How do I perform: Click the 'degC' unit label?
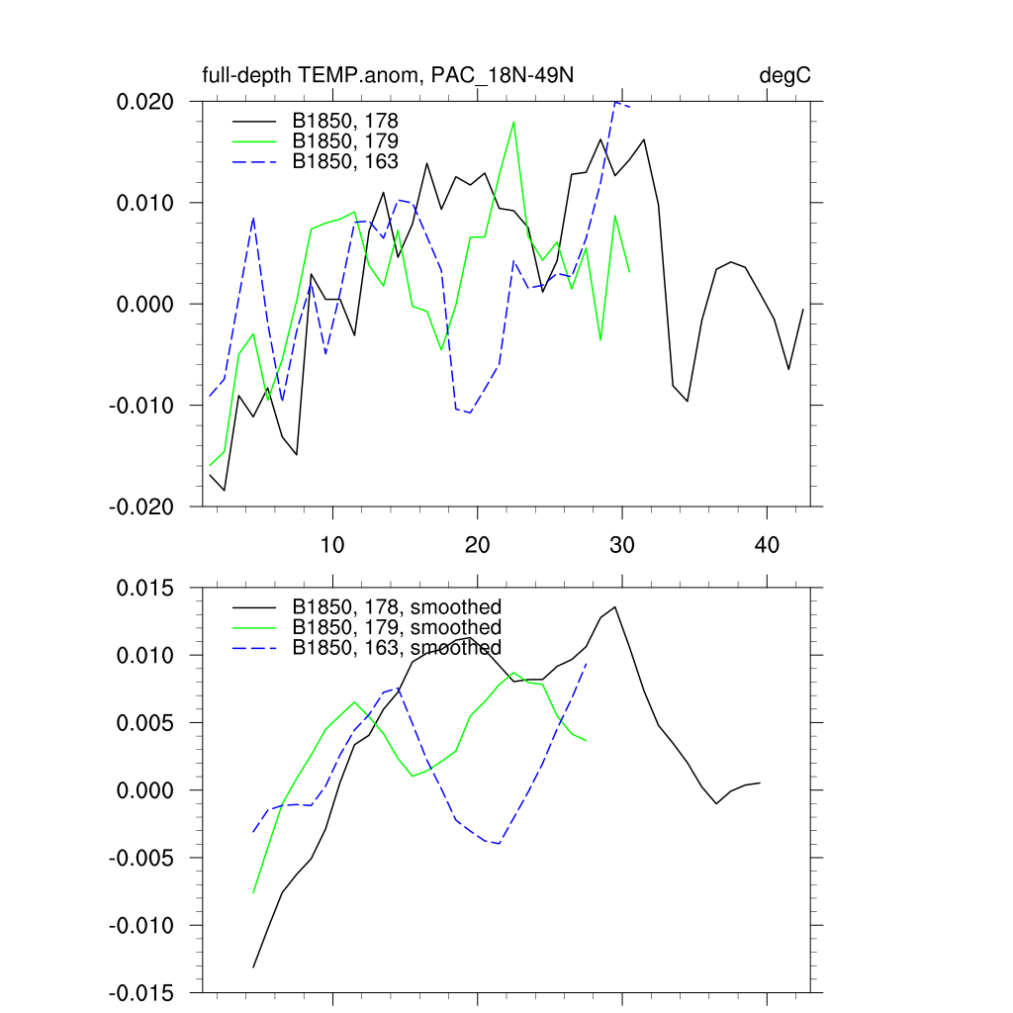784,76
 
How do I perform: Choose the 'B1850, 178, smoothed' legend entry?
397,606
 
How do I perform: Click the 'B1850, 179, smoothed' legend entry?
397,627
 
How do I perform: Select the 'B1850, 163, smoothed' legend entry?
397,648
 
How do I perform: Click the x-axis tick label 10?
332,545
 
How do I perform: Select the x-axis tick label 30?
622,545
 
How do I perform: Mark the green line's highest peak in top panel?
513,122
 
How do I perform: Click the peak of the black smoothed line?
615,607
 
